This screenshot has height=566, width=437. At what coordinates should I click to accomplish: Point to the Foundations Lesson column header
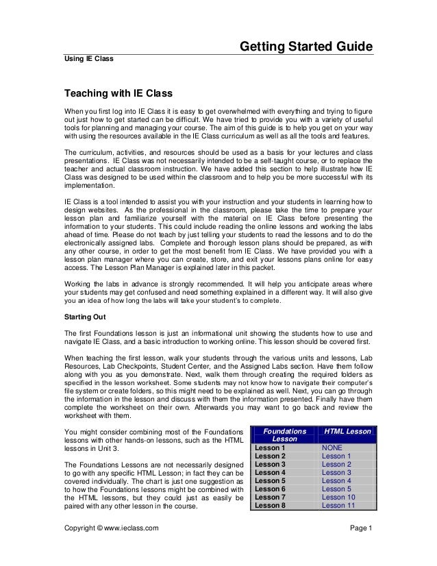click(285, 435)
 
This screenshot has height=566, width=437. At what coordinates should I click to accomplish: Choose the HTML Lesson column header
click(347, 431)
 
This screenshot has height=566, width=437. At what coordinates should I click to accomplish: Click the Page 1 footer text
click(360, 528)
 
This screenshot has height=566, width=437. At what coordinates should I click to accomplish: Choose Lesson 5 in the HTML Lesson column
click(336, 489)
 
